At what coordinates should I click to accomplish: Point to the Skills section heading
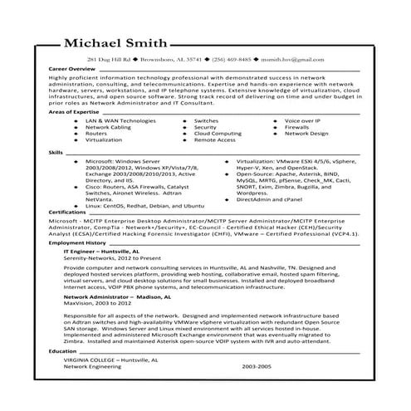56,154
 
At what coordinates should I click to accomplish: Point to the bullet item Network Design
306,134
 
